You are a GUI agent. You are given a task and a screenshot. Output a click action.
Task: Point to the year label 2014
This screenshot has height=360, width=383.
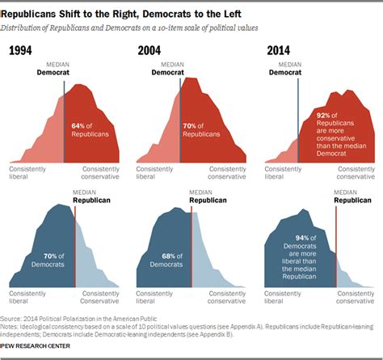point(278,52)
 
